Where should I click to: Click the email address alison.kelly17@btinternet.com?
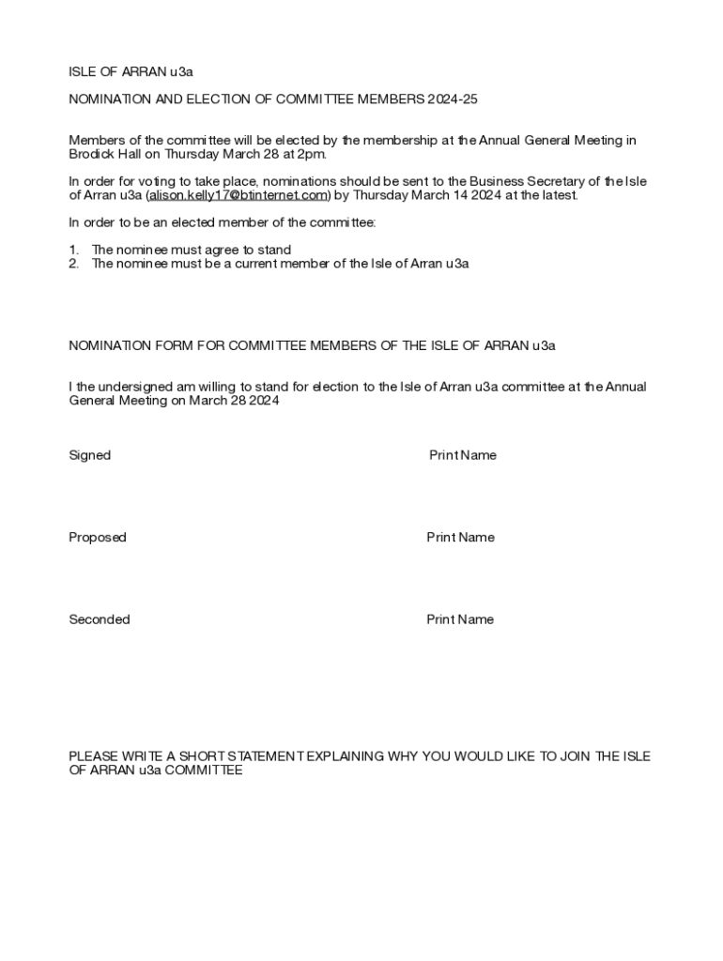[x=237, y=195]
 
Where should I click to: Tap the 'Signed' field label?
[x=90, y=455]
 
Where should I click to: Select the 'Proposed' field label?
[x=98, y=538]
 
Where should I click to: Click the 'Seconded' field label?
[x=100, y=619]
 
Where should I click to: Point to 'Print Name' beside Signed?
[x=463, y=455]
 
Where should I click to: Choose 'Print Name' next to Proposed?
[x=460, y=538]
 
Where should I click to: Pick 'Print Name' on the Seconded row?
[x=460, y=619]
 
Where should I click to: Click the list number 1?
[x=73, y=250]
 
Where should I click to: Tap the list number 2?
[x=73, y=264]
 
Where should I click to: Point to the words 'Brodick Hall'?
[x=104, y=154]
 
